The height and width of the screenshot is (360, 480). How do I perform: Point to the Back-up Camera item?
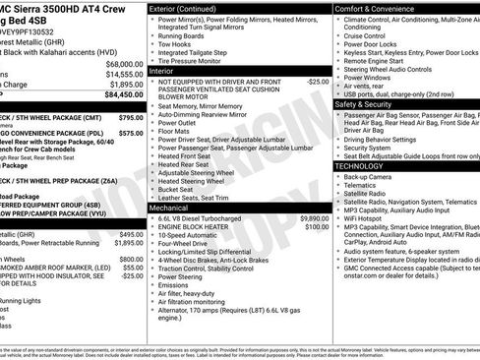point(374,177)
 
